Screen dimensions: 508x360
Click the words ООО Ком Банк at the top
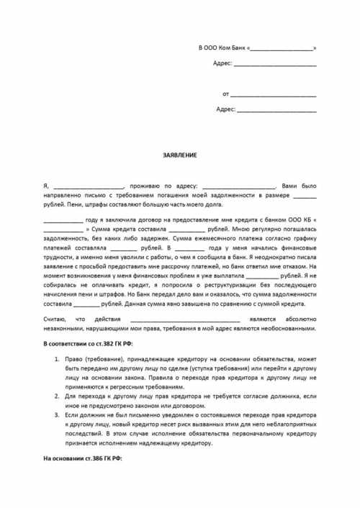click(x=224, y=48)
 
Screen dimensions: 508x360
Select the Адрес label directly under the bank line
click(x=223, y=63)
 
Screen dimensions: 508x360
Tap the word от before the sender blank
click(x=226, y=94)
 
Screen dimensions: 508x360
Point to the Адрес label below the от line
click(x=225, y=109)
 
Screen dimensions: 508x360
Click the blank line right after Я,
click(x=89, y=186)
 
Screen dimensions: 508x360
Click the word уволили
click(x=129, y=255)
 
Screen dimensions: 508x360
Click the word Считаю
click(x=55, y=318)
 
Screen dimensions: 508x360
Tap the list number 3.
click(x=58, y=415)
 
